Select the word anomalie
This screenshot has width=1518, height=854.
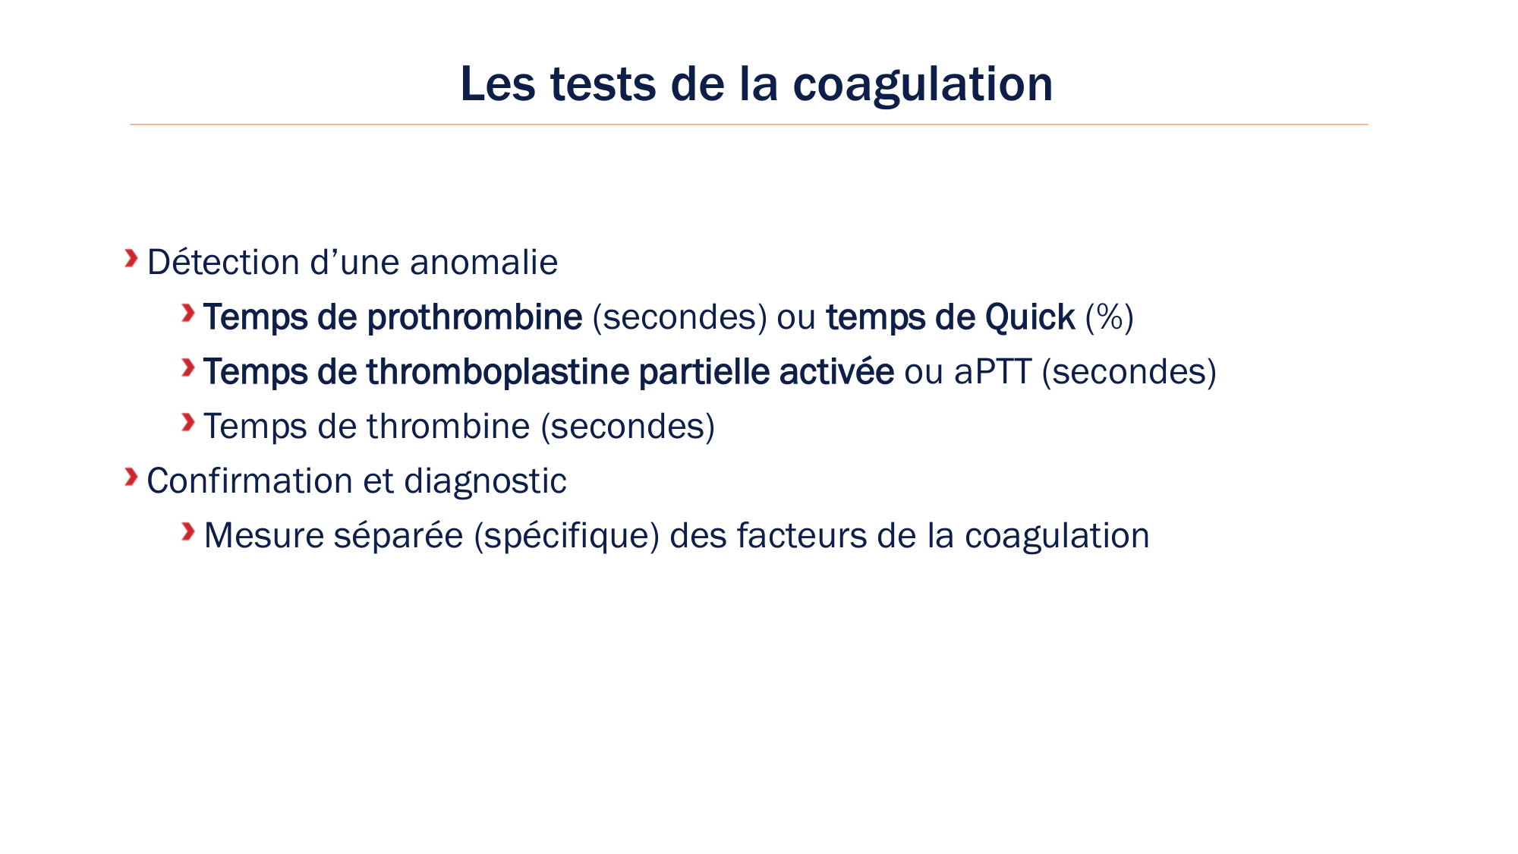pos(483,263)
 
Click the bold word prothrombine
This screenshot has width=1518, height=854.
pos(474,317)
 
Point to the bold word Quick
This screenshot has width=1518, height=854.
pos(1029,317)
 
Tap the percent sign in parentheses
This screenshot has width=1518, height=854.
pos(1110,317)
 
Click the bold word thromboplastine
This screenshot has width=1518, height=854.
pos(498,372)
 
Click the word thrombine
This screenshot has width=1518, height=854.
pos(448,427)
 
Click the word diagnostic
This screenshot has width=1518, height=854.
pos(485,481)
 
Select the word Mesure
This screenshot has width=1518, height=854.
pos(264,536)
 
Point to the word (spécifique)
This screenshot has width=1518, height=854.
pos(566,536)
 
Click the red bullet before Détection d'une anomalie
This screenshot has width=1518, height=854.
pos(131,259)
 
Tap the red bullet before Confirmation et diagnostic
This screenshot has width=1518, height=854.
pos(131,477)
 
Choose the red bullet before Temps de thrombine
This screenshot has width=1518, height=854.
pos(187,422)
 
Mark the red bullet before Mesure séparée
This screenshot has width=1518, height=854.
pos(187,531)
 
